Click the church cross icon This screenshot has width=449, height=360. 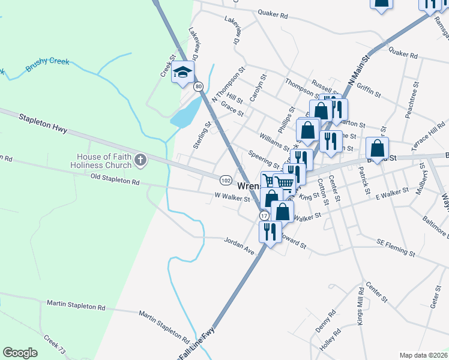[x=140, y=160]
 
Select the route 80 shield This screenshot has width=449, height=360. [x=199, y=87]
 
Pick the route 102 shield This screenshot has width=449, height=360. [x=226, y=180]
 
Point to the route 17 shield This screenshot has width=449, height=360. [x=264, y=215]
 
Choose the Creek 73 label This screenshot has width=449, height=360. [x=56, y=346]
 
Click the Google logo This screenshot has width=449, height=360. [x=20, y=353]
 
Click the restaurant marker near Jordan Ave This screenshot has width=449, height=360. [x=270, y=232]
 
